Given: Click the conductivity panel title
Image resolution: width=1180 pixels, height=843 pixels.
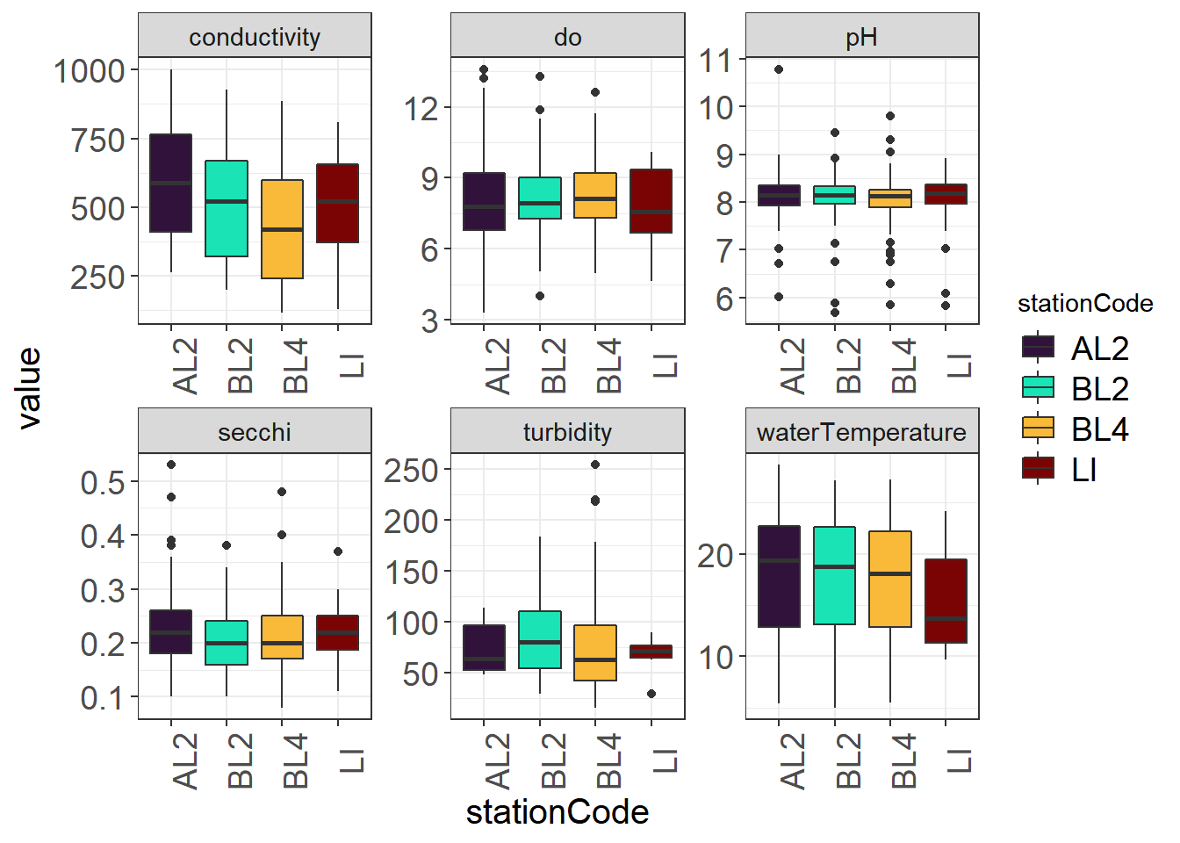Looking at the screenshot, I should click(255, 37).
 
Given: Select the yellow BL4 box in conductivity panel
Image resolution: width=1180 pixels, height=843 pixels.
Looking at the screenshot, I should click(282, 229).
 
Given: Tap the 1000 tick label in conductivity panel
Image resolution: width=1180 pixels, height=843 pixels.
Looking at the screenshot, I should click(90, 71).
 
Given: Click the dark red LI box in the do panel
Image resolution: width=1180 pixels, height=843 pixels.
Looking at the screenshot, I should click(651, 201).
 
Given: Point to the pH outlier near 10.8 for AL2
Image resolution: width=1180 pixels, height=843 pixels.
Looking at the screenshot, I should click(779, 69).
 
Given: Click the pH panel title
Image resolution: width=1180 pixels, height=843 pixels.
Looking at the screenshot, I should click(861, 37).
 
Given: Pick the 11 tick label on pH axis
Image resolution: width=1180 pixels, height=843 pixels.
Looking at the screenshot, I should click(716, 61).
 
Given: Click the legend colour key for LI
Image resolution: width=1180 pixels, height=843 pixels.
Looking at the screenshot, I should click(1038, 469).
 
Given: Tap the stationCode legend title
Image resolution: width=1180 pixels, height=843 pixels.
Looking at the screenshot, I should click(1084, 304).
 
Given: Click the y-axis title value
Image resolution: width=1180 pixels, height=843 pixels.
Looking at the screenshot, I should click(29, 387).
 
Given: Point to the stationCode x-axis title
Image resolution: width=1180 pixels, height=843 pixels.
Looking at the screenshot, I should click(558, 812).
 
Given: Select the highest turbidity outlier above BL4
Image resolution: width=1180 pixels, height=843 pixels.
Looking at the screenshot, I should click(595, 465).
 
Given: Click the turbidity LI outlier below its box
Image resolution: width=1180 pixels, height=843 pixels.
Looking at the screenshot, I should click(651, 694).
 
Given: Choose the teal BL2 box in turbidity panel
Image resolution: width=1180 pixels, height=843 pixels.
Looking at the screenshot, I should click(540, 639).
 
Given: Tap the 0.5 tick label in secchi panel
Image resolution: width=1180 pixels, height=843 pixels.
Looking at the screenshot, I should click(103, 482).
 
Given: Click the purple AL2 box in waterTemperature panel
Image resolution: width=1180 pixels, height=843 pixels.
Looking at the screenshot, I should click(779, 576).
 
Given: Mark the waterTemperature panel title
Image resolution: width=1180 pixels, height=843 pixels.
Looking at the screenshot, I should click(861, 432).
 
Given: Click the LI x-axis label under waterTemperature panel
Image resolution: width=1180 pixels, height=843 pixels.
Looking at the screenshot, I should click(959, 760).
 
